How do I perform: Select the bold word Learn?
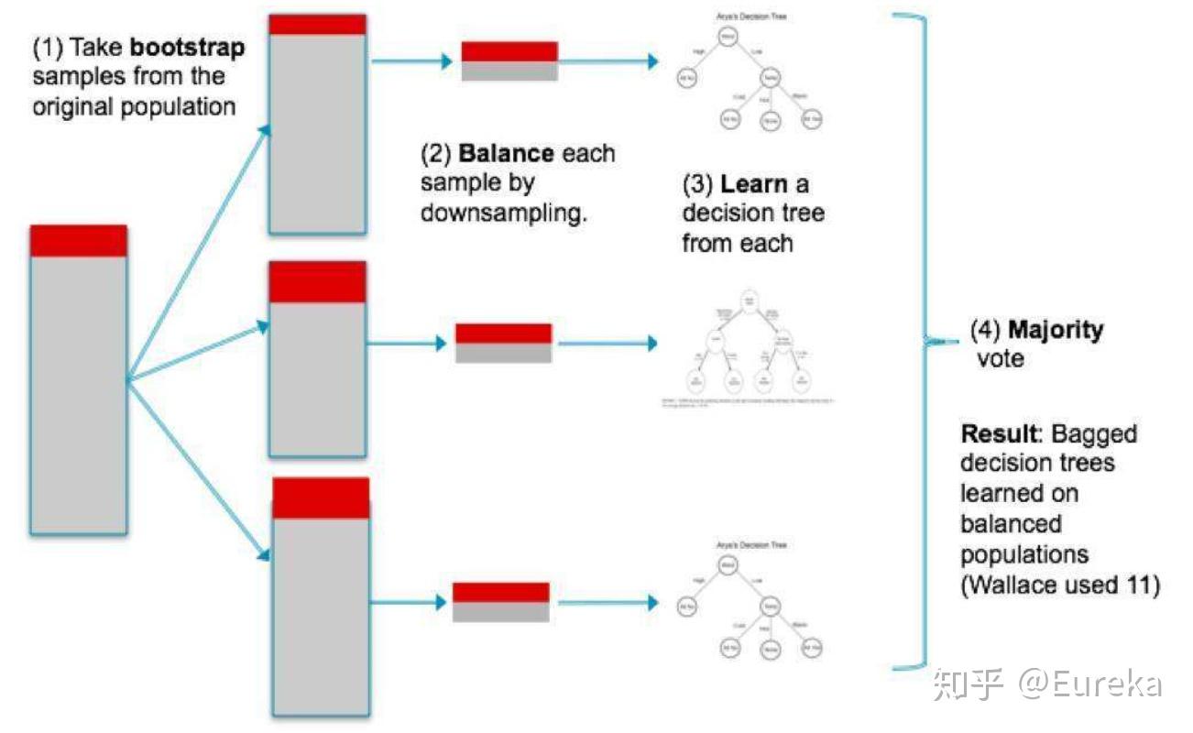point(754,183)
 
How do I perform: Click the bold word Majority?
point(1056,329)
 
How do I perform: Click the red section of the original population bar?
point(78,241)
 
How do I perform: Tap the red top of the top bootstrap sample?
point(317,25)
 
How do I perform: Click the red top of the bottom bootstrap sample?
point(321,498)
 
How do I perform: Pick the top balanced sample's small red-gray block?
point(509,61)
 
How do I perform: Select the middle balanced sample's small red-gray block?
point(504,343)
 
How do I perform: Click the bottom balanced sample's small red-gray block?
point(501,602)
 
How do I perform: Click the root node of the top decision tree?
point(727,38)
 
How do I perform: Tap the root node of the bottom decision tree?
point(727,565)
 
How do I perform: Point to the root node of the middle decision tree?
point(750,300)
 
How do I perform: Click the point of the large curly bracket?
point(927,341)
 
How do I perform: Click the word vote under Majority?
point(1001,359)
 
